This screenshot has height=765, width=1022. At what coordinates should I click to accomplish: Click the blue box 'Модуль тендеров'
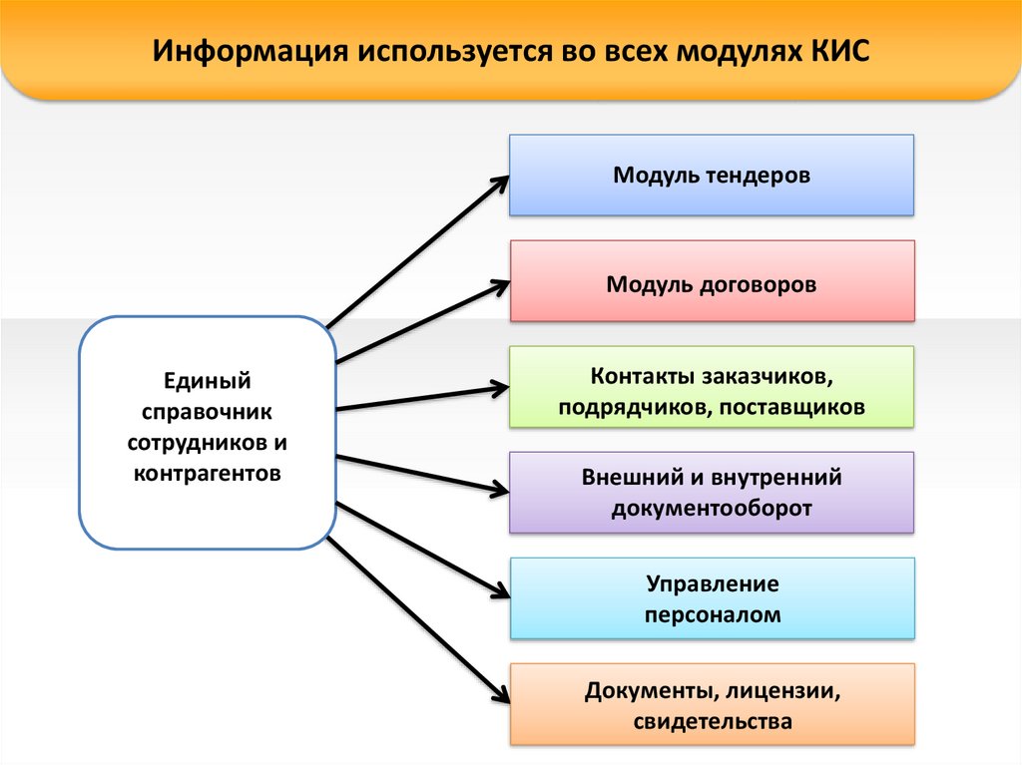click(712, 176)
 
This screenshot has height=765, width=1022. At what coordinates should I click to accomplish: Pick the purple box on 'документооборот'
click(712, 493)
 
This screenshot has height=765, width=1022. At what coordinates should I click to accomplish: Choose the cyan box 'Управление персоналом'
click(712, 598)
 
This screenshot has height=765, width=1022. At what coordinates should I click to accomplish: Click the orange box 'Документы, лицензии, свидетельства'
click(712, 705)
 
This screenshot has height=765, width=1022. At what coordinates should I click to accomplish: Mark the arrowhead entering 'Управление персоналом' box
click(499, 595)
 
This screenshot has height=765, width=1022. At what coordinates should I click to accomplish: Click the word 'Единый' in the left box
click(206, 380)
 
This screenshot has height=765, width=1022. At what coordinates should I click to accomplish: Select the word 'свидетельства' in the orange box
click(712, 720)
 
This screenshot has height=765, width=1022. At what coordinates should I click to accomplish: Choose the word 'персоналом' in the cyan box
click(712, 614)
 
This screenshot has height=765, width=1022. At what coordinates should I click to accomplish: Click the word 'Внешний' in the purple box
click(627, 477)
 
